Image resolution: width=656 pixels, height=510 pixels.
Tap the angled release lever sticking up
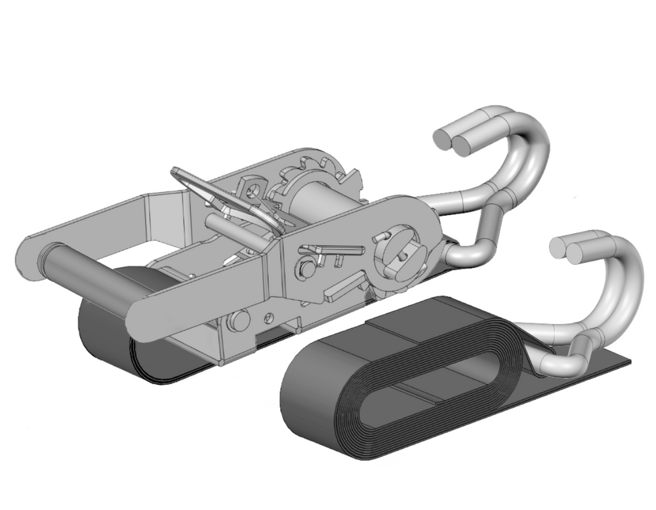point(197,187)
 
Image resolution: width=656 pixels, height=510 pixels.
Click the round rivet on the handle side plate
point(305,269)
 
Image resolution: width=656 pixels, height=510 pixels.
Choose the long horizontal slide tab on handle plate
point(331,250)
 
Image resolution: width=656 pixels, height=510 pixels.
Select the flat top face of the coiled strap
point(420,321)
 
